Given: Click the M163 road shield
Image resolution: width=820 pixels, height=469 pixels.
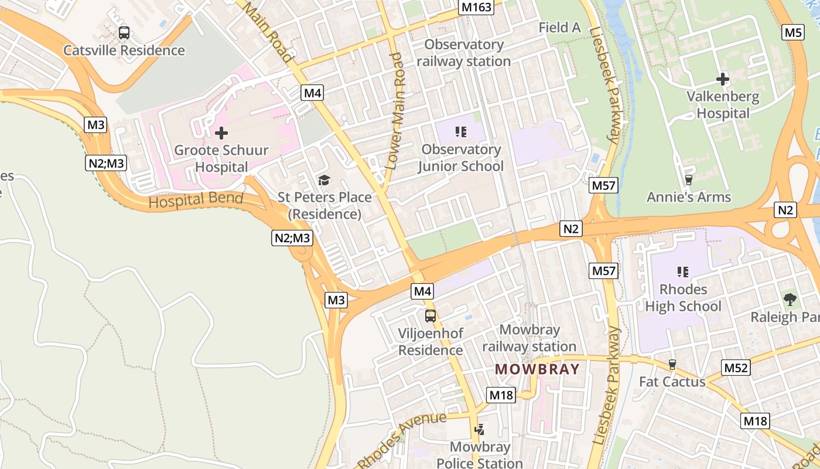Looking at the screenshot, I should [476, 7].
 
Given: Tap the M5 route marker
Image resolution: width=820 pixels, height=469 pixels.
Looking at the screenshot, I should [792, 32].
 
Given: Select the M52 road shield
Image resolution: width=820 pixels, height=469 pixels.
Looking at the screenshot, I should [736, 368].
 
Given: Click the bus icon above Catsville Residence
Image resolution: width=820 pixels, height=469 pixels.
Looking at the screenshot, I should [124, 33].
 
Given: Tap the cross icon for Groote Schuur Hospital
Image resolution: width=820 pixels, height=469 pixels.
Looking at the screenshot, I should [221, 134].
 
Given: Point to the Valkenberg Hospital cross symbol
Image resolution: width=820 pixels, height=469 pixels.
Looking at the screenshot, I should [723, 79].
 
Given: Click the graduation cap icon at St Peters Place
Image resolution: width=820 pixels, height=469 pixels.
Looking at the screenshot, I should [324, 180].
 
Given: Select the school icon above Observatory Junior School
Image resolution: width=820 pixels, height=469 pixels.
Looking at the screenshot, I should [460, 132].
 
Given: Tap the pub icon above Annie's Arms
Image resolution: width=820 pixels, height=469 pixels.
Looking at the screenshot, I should [688, 180].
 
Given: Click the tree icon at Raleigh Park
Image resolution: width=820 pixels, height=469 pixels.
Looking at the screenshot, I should [790, 300].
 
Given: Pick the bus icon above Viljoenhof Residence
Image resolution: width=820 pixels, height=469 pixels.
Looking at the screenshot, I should [430, 316].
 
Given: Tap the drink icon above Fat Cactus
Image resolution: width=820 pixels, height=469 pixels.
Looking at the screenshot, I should [672, 365].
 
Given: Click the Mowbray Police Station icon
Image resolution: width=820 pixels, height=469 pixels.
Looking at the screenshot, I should [480, 430].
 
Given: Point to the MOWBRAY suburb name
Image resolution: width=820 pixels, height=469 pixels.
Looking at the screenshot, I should [537, 369].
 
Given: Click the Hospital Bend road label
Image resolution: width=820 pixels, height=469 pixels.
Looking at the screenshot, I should [196, 200].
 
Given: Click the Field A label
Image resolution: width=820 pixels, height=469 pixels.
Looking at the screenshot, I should [559, 28].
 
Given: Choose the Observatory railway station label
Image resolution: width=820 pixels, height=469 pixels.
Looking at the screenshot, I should [464, 53].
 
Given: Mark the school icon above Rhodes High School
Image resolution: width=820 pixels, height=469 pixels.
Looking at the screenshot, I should [682, 272].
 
